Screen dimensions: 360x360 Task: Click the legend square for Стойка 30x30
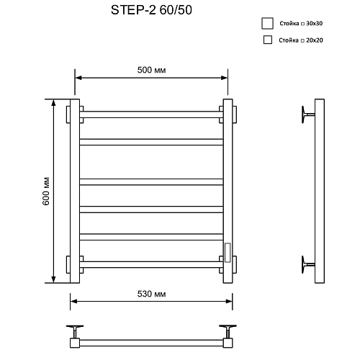pyautogui.click(x=268, y=23)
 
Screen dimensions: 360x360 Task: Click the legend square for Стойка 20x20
pyautogui.click(x=268, y=40)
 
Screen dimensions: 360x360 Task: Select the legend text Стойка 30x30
pyautogui.click(x=302, y=23)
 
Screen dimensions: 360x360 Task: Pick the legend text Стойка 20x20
pyautogui.click(x=302, y=40)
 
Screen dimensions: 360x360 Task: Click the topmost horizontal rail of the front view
pyautogui.click(x=151, y=114)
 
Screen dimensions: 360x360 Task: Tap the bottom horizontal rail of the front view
pyautogui.click(x=151, y=263)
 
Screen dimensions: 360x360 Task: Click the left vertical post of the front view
pyautogui.click(x=74, y=191)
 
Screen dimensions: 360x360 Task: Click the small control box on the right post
pyautogui.click(x=228, y=253)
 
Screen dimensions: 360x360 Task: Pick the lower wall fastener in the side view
pyautogui.click(x=309, y=262)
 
